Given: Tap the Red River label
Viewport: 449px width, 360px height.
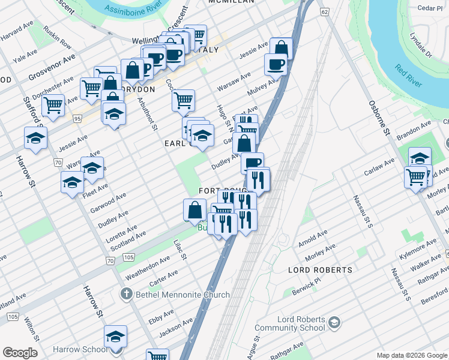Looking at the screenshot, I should [x=411, y=79].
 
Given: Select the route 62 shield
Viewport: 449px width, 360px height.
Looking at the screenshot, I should [x=325, y=12].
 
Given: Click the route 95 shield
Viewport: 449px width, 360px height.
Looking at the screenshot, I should [x=77, y=119].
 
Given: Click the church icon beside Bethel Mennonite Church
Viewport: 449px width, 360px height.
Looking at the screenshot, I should [x=126, y=295].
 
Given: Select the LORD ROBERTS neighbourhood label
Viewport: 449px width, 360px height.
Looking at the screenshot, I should [x=320, y=270].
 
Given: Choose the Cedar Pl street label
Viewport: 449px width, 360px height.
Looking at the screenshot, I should [x=431, y=8].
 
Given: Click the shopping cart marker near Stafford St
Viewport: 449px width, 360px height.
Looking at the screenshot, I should [x=53, y=105].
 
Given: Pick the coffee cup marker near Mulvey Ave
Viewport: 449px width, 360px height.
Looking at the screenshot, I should [x=276, y=64].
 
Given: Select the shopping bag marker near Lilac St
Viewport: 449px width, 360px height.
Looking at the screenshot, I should [x=194, y=210].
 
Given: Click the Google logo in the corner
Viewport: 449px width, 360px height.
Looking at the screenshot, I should [x=20, y=353].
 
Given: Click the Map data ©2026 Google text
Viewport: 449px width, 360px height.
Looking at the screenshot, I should [x=411, y=355].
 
